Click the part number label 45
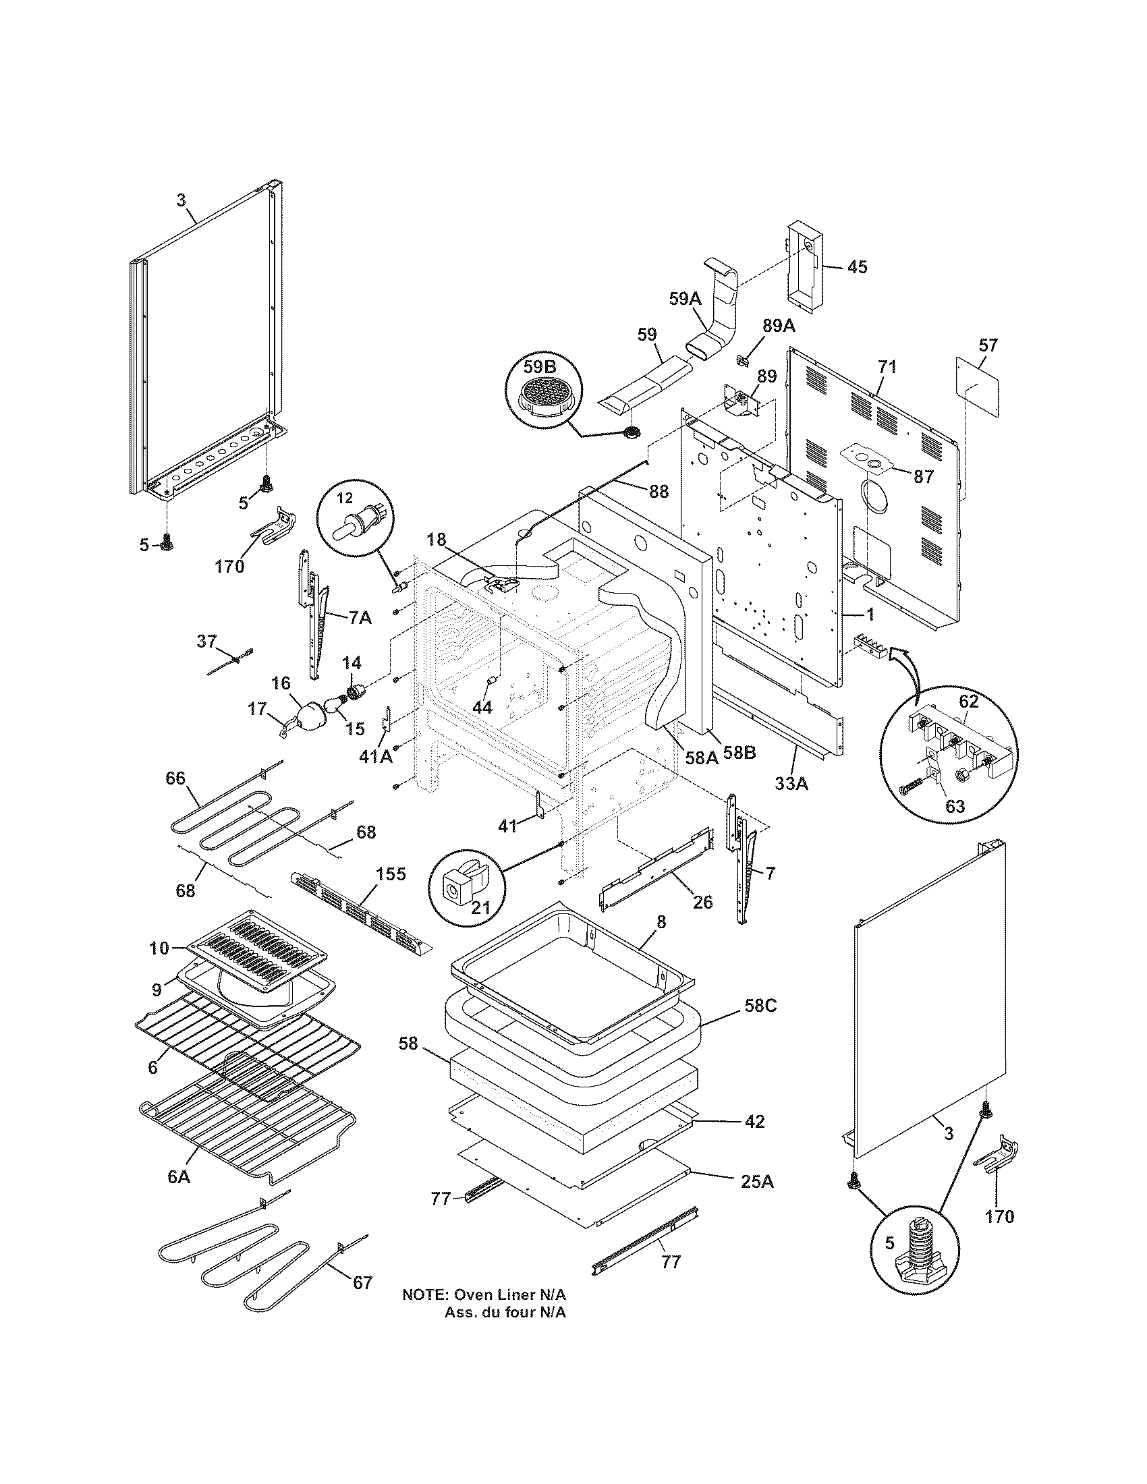[858, 267]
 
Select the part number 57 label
[988, 345]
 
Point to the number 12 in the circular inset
[345, 498]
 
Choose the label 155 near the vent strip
[392, 874]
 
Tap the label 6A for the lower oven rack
[178, 1176]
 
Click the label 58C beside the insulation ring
[760, 1025]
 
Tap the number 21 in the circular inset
[481, 907]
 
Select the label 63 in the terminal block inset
[955, 807]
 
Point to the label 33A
[791, 783]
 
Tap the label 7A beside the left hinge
[360, 618]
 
